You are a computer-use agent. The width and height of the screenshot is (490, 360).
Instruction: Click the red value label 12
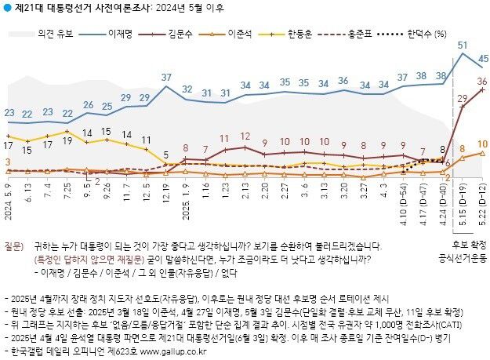pos(245,136)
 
